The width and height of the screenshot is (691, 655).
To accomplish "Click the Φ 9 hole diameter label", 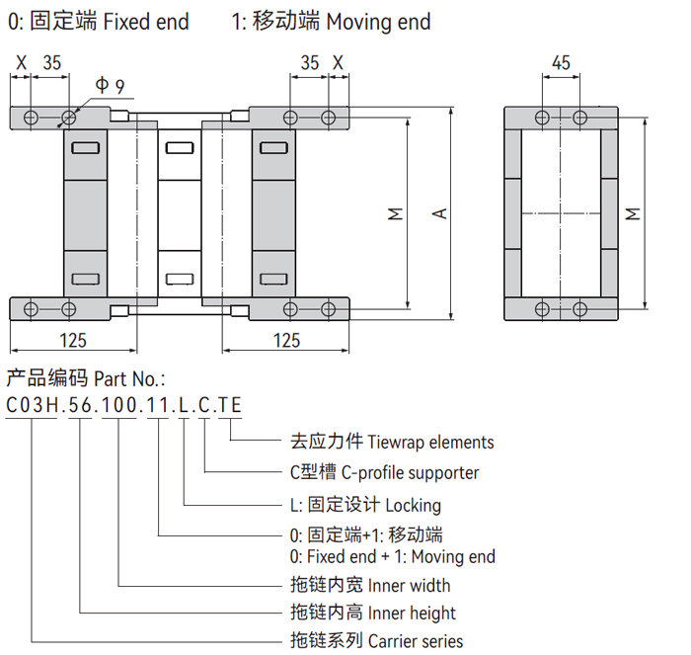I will tap(110, 86).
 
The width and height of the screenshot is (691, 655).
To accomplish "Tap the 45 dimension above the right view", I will tap(561, 62).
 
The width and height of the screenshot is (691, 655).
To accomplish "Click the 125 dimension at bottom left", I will tap(72, 340).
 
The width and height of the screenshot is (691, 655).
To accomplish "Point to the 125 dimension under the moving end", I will tap(285, 340).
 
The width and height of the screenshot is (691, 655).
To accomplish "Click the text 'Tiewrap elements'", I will tap(432, 442).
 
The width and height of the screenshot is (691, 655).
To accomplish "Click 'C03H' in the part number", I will tap(32, 405).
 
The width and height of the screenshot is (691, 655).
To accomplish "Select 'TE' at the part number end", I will tap(230, 405).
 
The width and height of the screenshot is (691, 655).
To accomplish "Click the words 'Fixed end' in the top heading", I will tap(145, 21).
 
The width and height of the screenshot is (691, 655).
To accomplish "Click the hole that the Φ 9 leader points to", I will tap(68, 119).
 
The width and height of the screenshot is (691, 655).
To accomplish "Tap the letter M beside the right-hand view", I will tap(633, 212).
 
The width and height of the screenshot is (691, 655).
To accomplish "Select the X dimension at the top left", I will tap(20, 62).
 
